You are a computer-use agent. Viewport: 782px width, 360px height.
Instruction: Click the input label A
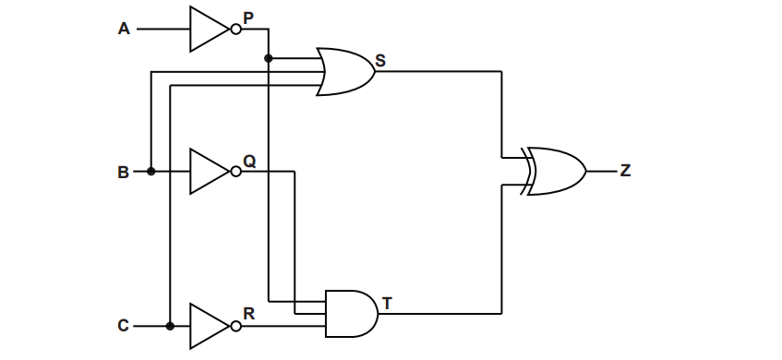(124, 29)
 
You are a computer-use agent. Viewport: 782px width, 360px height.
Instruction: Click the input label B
(124, 172)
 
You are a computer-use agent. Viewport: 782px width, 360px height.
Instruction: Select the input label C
(124, 326)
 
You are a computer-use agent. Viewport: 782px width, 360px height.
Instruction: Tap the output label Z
(626, 171)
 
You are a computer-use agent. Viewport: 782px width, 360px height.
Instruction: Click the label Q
(249, 160)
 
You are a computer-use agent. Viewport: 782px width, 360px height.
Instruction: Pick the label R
(248, 313)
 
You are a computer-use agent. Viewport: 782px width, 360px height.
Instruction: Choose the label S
(380, 62)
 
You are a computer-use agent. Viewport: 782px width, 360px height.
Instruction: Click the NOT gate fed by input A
(209, 29)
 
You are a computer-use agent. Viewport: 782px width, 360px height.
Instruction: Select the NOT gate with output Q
(209, 172)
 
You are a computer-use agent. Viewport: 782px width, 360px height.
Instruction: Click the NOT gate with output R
(209, 326)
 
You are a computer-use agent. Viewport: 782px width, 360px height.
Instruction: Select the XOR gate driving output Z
(554, 171)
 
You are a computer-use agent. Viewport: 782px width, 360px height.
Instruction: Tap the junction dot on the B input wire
(150, 172)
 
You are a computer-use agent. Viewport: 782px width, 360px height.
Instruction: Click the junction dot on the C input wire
(170, 326)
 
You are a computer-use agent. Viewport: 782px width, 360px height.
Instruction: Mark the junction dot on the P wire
(269, 59)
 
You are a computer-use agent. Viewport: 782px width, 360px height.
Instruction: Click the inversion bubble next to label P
(235, 30)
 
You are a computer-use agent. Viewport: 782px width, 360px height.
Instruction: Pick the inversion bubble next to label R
(235, 326)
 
